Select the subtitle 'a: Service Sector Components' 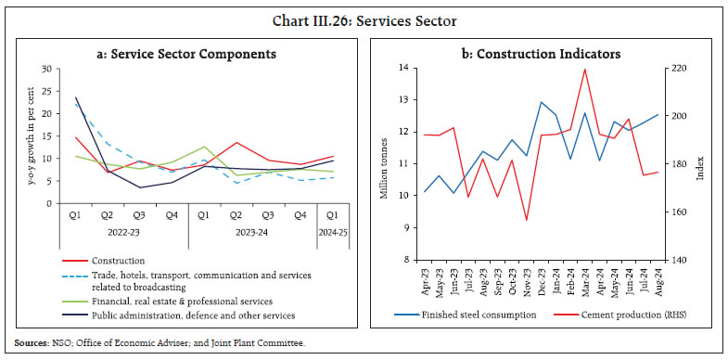tap(186, 54)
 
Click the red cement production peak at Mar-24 tap(584, 69)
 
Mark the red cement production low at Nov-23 tap(527, 220)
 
